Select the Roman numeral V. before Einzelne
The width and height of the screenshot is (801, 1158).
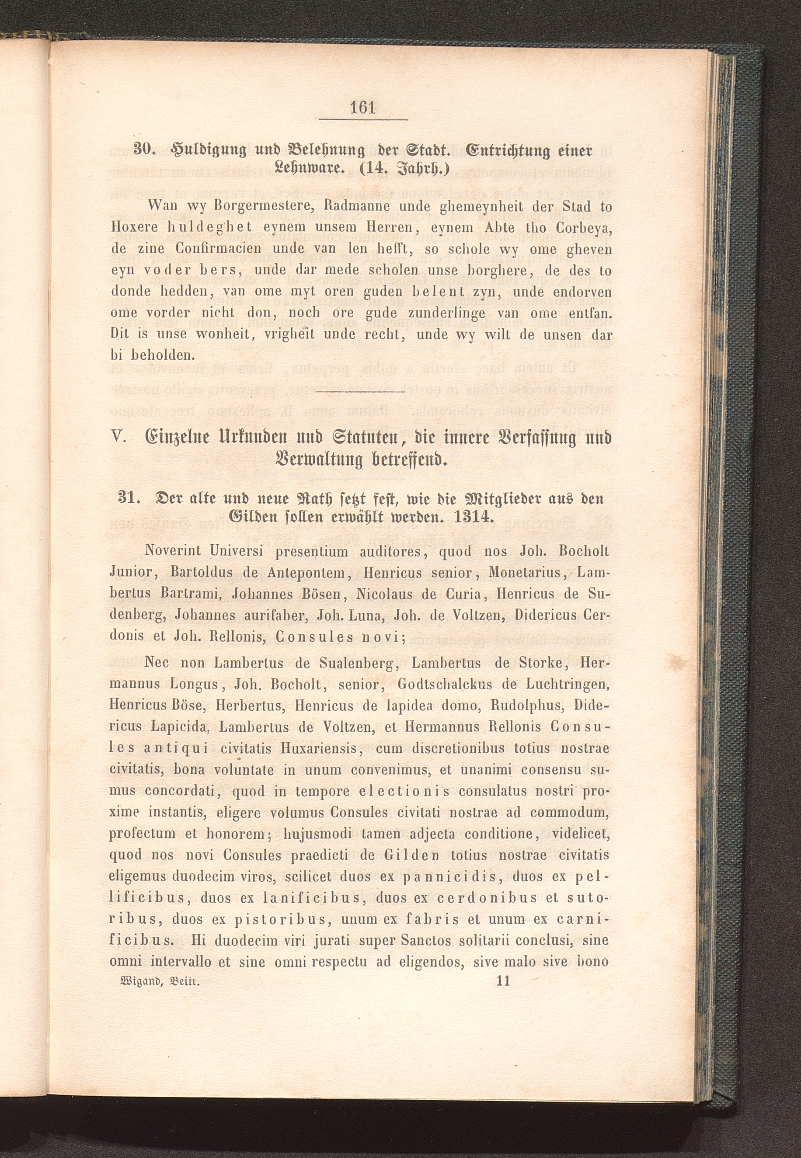click(x=117, y=437)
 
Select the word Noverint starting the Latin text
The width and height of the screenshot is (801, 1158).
click(x=172, y=551)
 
